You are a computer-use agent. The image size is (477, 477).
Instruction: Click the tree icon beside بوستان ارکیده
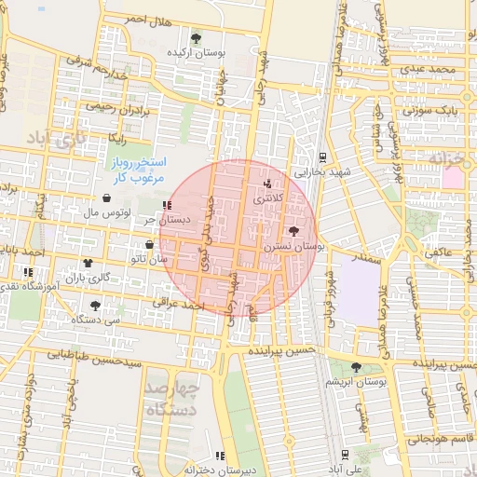pyautogui.click(x=196, y=38)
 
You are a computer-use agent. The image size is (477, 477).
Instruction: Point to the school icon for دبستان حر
pyautogui.click(x=167, y=205)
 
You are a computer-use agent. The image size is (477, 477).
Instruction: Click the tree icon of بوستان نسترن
pyautogui.click(x=294, y=230)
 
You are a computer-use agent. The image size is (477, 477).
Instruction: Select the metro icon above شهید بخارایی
pyautogui.click(x=321, y=157)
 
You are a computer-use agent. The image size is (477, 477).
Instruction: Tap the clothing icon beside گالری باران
pyautogui.click(x=88, y=263)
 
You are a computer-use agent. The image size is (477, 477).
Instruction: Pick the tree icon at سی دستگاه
pyautogui.click(x=95, y=305)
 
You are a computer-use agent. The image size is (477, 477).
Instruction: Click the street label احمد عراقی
pyautogui.click(x=180, y=305)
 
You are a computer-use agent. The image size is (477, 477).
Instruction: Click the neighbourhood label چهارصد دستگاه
pyautogui.click(x=172, y=398)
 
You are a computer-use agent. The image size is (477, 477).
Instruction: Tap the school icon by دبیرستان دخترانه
pyautogui.click(x=220, y=456)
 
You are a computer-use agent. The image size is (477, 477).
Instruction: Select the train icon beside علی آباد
pyautogui.click(x=346, y=455)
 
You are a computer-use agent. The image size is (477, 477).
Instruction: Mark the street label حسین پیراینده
pyautogui.click(x=281, y=352)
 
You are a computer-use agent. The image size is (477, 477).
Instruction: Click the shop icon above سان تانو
pyautogui.click(x=149, y=244)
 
